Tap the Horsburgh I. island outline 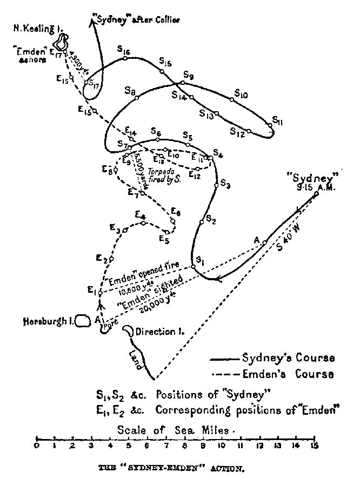(82, 321)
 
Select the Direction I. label (159, 332)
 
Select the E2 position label (102, 257)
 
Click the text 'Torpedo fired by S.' (164, 178)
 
